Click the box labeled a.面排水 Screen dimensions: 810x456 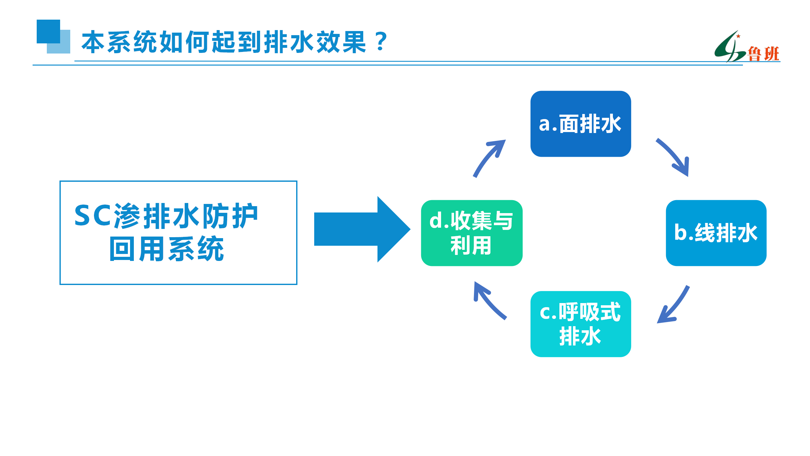coord(581,124)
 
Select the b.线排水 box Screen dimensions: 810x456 coord(716,233)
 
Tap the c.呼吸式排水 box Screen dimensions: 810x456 coord(581,324)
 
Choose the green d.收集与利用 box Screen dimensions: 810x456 coord(472,233)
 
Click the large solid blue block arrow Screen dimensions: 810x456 coord(362,229)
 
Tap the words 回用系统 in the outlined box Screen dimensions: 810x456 coord(166,249)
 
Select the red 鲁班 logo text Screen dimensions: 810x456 coord(763,54)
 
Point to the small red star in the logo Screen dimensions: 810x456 coord(738,36)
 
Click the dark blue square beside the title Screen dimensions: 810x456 coord(48,31)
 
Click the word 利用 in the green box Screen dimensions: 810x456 coord(471,245)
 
